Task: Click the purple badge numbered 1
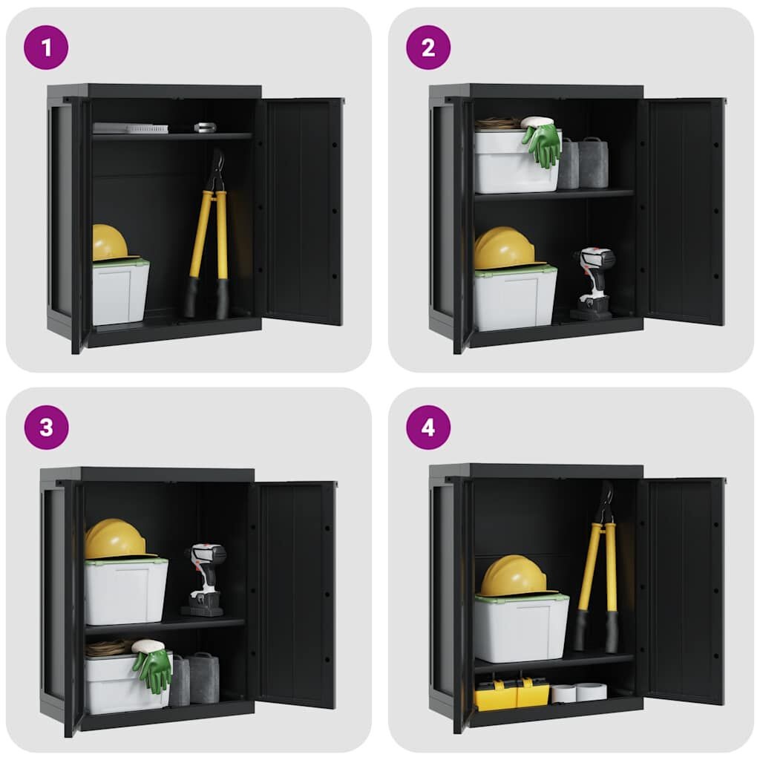tap(46, 47)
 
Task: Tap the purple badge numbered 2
tap(428, 47)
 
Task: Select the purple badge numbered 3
tap(46, 427)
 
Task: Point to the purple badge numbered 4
tap(428, 427)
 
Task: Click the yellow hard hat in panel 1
tap(109, 243)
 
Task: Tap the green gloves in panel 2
tap(543, 143)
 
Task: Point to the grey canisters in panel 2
tap(585, 163)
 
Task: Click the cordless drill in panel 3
tap(204, 579)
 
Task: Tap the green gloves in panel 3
tap(152, 669)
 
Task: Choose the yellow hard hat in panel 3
tap(114, 539)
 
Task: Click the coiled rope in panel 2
tap(496, 123)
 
